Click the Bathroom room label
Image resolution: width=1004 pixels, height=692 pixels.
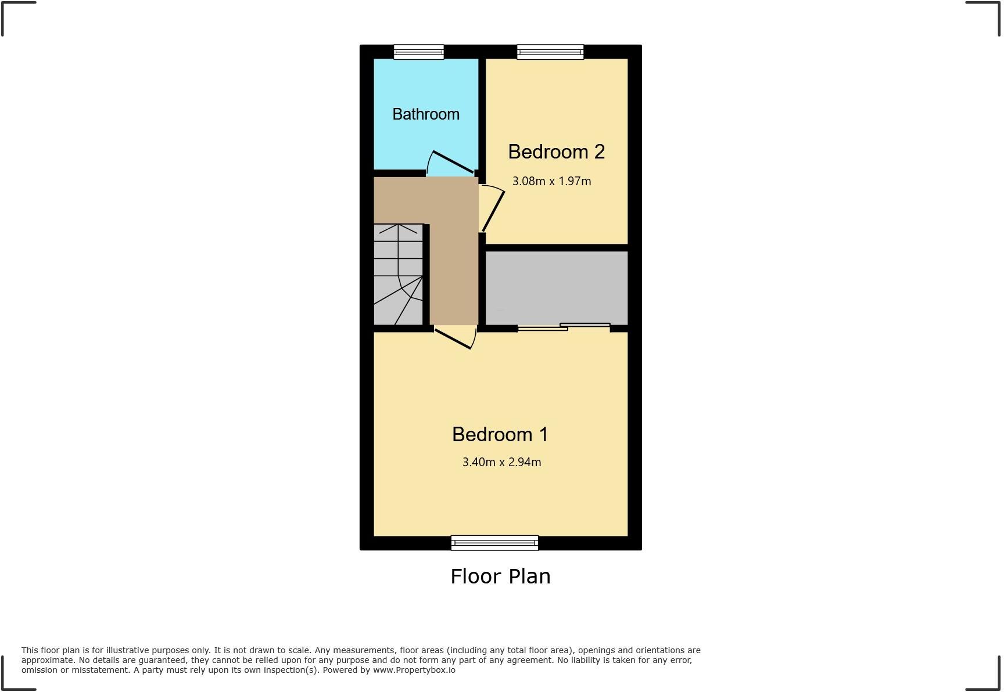(426, 114)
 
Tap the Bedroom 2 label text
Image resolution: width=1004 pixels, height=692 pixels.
(556, 152)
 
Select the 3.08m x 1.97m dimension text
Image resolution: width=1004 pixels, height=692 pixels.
(551, 181)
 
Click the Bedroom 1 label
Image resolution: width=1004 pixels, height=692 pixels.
(500, 434)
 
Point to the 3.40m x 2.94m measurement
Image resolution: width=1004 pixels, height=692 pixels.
(501, 462)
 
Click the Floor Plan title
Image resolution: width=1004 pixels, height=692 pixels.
(500, 576)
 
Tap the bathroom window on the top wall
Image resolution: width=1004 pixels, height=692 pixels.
(418, 52)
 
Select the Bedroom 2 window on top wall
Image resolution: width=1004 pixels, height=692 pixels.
(550, 52)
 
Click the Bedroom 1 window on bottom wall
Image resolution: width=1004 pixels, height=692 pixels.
(494, 543)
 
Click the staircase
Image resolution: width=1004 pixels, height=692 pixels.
(398, 274)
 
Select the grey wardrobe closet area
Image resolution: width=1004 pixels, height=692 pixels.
(556, 287)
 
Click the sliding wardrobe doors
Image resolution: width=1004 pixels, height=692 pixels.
(564, 327)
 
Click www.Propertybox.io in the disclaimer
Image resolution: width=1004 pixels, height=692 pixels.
(414, 670)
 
